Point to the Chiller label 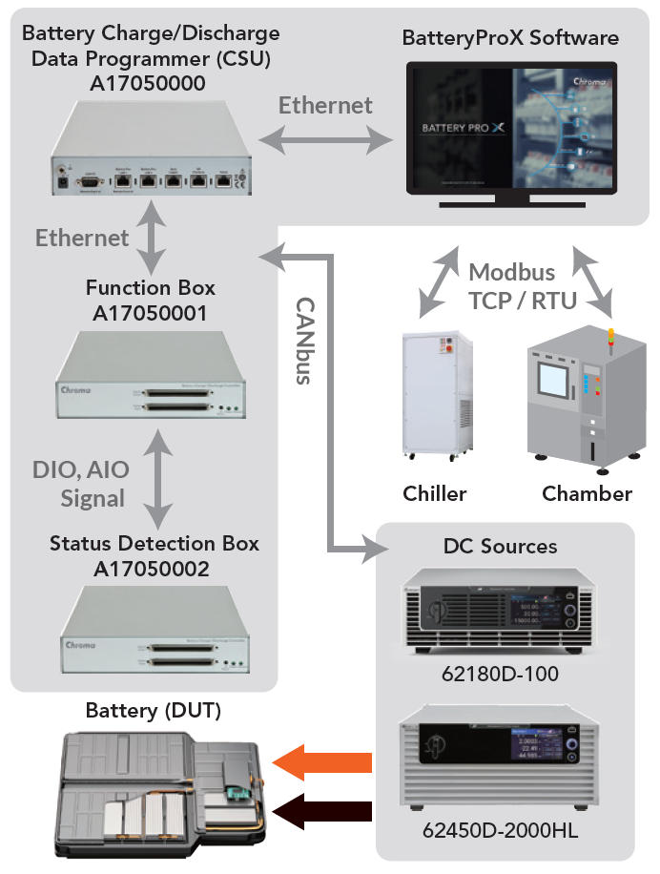click(x=435, y=493)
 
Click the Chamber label click(x=587, y=493)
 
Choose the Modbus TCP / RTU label click(x=524, y=286)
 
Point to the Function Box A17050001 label click(x=150, y=300)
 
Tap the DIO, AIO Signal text click(x=81, y=484)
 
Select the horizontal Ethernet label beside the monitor click(x=325, y=105)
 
